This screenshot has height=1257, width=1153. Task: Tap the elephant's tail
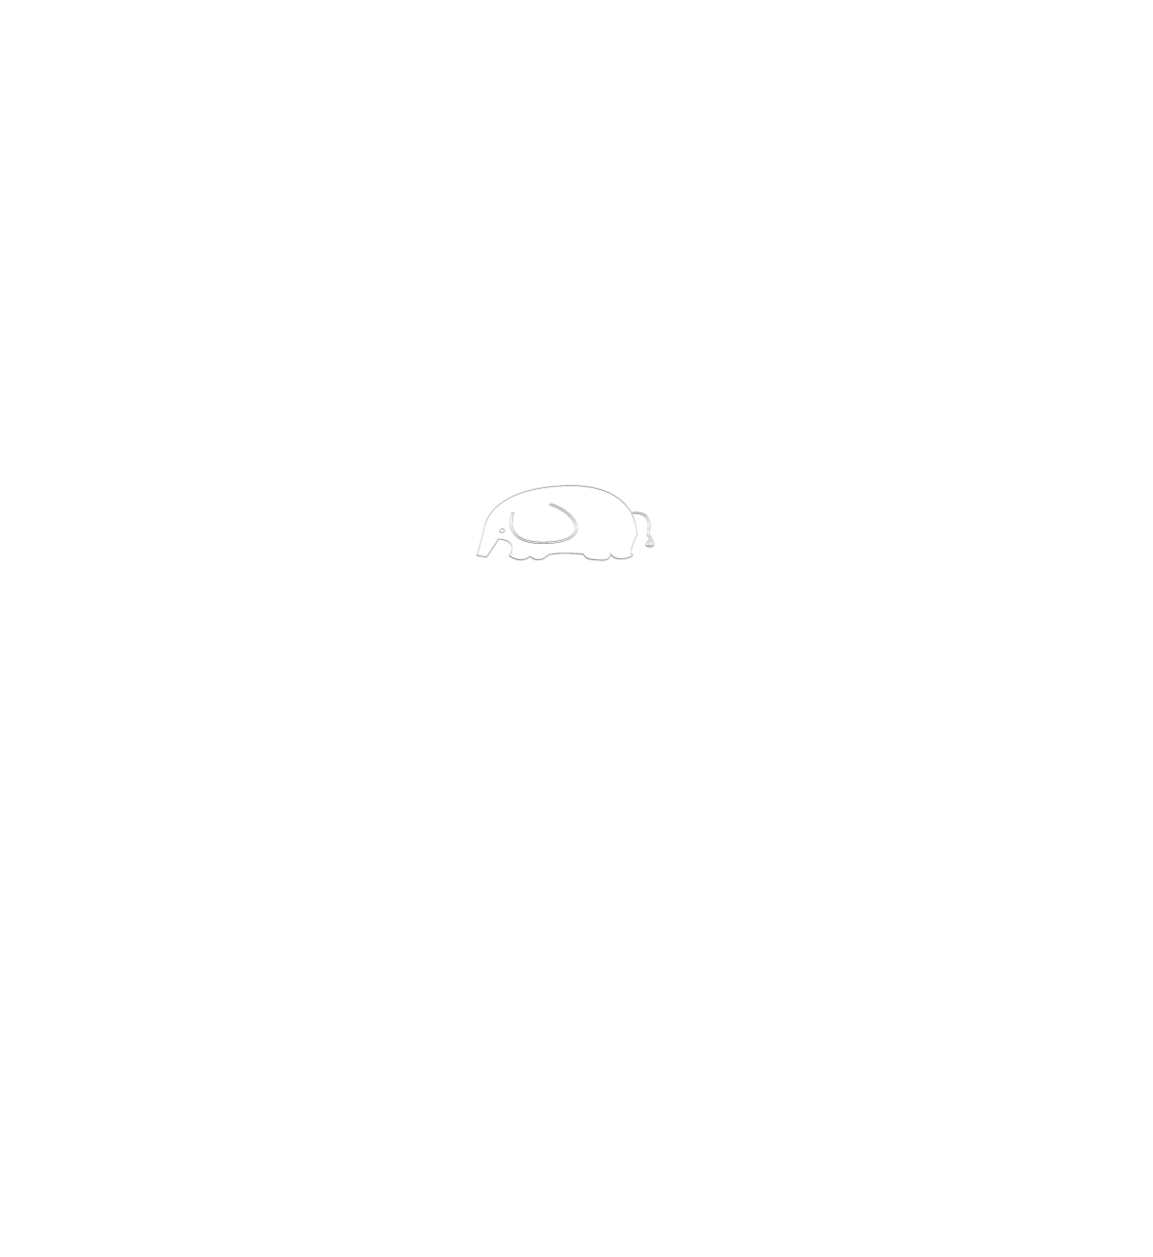click(650, 533)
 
